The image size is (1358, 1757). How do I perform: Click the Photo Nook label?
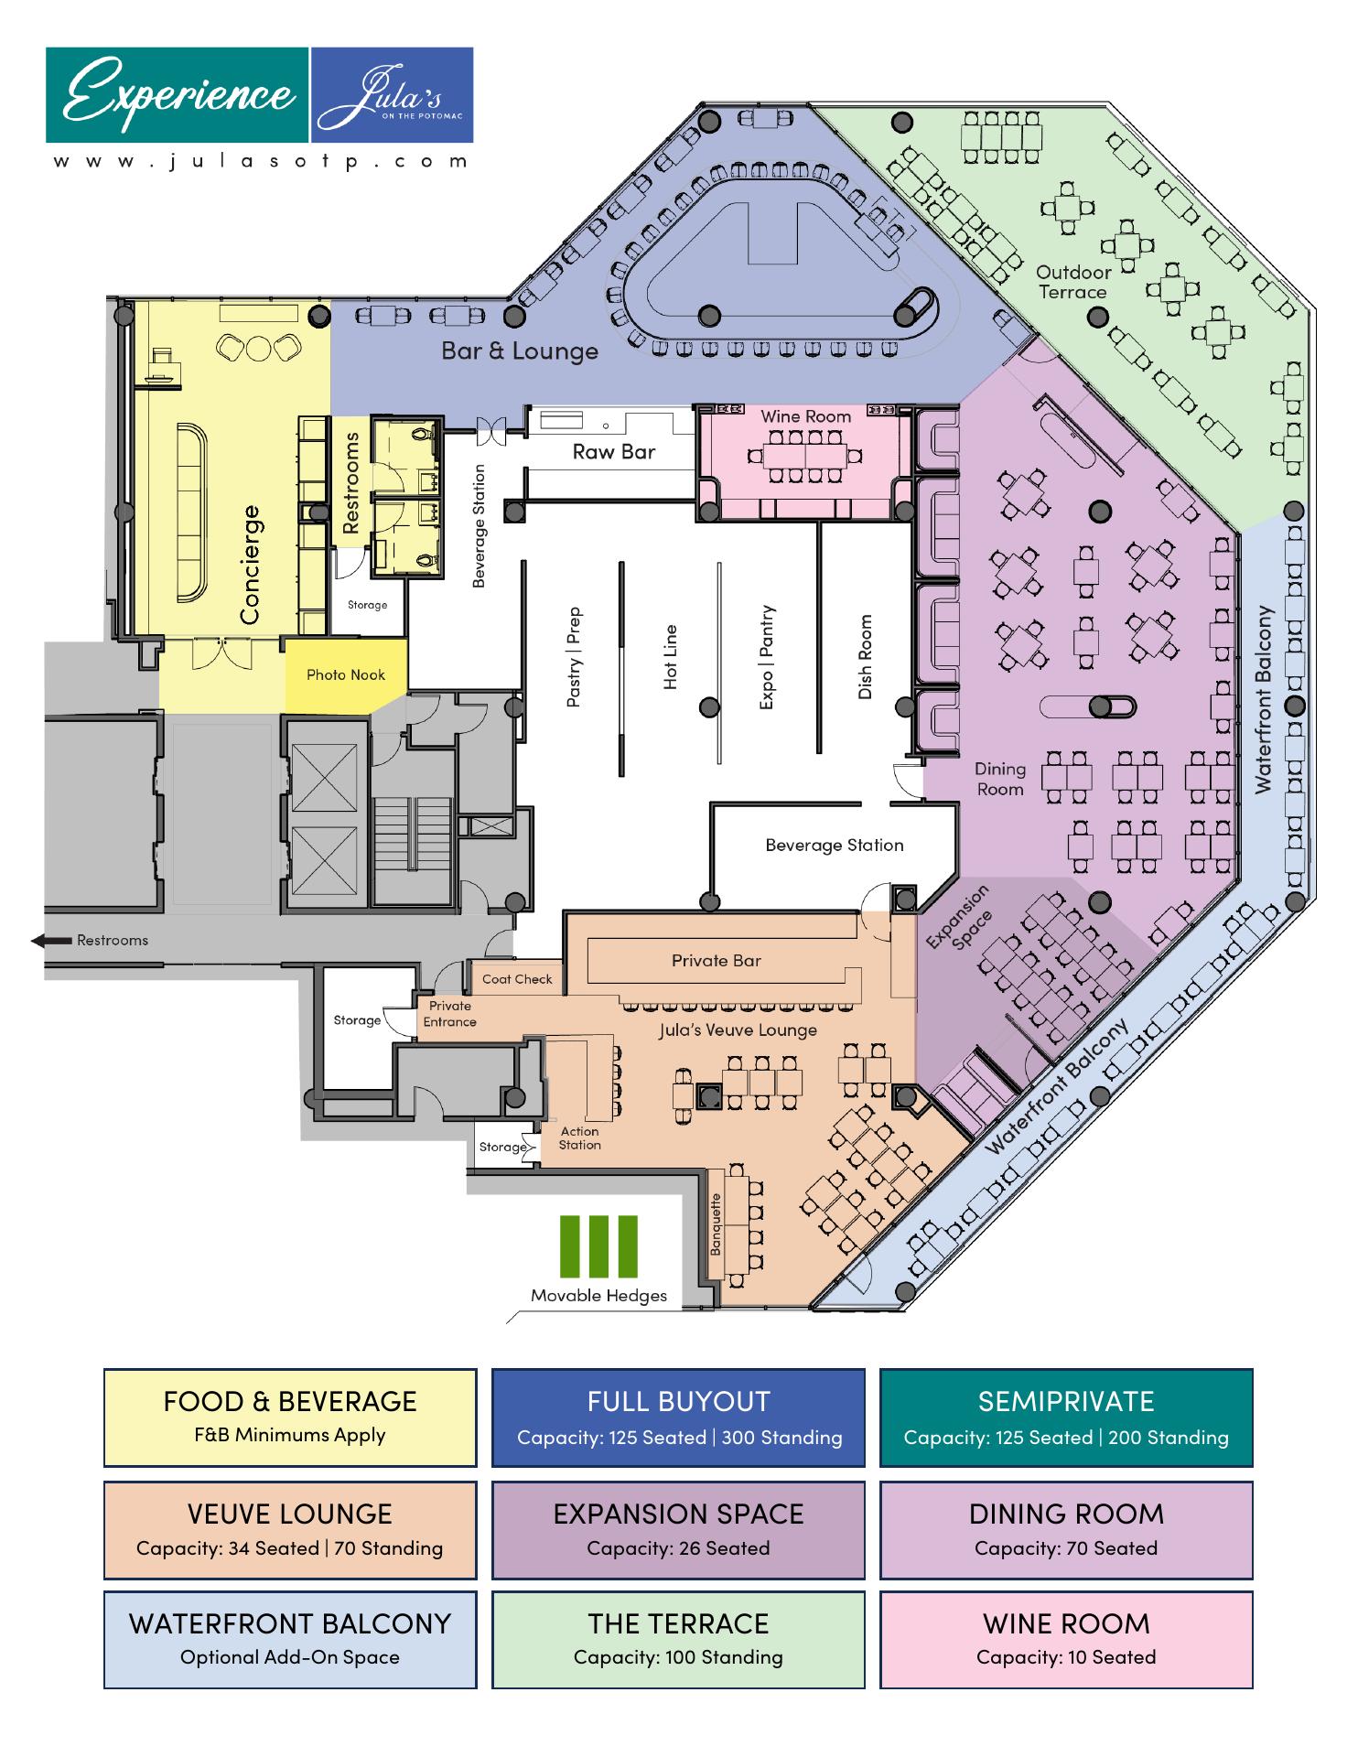345,675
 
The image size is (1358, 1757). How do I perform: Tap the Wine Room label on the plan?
805,416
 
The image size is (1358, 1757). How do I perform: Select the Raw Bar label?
614,451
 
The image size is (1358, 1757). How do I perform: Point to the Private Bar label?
716,961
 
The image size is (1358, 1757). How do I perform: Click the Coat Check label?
517,979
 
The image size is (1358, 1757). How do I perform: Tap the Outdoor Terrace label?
1073,282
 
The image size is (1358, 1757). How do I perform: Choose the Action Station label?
580,1138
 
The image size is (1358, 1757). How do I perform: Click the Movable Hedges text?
599,1296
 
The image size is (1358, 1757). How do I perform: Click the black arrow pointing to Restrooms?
51,941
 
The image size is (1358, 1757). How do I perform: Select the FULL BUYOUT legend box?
678,1417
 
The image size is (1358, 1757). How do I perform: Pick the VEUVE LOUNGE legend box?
290,1530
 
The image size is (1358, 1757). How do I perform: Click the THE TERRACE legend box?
678,1640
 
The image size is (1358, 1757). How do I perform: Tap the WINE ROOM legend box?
1066,1640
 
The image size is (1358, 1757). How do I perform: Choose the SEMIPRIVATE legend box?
1066,1417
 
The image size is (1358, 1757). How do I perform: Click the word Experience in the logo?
179,93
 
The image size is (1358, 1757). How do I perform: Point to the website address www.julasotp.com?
260,161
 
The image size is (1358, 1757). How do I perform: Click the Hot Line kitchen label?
671,656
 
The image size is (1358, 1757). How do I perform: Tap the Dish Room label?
865,657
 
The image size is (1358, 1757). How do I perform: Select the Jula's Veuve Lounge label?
738,1030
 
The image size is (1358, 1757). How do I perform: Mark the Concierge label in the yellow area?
250,565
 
